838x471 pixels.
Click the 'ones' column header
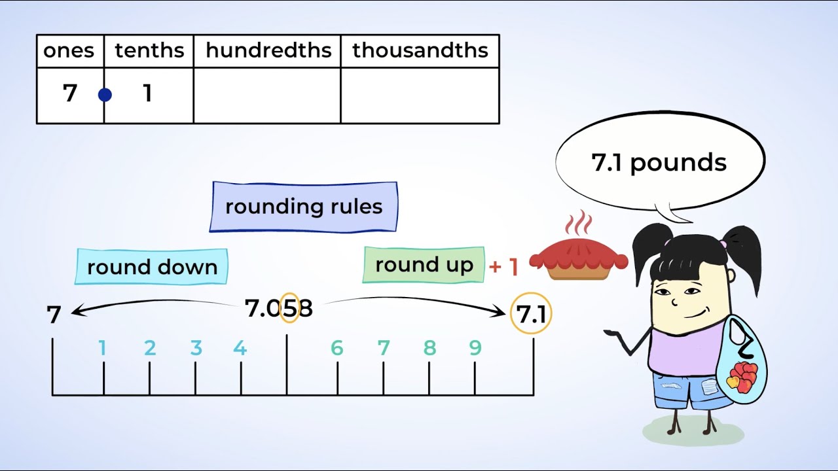pyautogui.click(x=69, y=51)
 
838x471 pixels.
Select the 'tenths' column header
pyautogui.click(x=149, y=51)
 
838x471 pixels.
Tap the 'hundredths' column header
pyautogui.click(x=268, y=51)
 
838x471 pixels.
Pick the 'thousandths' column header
pyautogui.click(x=420, y=51)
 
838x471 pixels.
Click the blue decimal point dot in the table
pyautogui.click(x=105, y=96)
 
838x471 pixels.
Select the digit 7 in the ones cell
pyautogui.click(x=70, y=94)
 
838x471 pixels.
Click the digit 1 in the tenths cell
pyautogui.click(x=147, y=94)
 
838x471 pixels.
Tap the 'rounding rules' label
pyautogui.click(x=304, y=207)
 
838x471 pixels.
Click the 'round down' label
pyautogui.click(x=152, y=267)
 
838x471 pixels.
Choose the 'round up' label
pyautogui.click(x=424, y=265)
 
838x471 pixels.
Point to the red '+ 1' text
pyautogui.click(x=503, y=266)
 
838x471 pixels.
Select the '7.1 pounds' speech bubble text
pyautogui.click(x=659, y=162)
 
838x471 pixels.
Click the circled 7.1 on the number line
pyautogui.click(x=531, y=315)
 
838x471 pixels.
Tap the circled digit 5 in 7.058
pyautogui.click(x=289, y=308)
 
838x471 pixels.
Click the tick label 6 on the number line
pyautogui.click(x=337, y=349)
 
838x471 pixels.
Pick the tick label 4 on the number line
pyautogui.click(x=240, y=349)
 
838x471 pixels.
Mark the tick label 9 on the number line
pyautogui.click(x=475, y=349)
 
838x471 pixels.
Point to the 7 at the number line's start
pyautogui.click(x=54, y=315)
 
